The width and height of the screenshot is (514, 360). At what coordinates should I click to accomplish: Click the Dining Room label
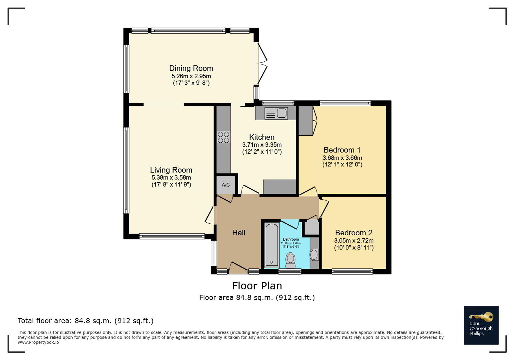191,68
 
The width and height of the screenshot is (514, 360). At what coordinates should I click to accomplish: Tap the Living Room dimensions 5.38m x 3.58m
171,177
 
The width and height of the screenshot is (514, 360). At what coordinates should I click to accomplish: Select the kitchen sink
276,113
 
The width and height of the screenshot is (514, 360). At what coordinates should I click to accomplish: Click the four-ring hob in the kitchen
224,137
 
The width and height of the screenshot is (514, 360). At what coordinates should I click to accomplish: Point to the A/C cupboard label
226,185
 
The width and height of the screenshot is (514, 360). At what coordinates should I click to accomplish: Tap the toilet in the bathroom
290,260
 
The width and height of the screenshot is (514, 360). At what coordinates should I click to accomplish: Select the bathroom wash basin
314,255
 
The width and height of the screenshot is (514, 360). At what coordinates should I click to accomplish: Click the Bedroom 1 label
342,150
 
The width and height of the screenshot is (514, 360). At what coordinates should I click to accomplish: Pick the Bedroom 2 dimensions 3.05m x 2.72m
354,241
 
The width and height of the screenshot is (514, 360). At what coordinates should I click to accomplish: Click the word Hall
239,233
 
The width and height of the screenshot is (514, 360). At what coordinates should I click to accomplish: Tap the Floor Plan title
257,286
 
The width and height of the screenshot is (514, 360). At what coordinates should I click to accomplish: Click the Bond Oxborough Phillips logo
481,325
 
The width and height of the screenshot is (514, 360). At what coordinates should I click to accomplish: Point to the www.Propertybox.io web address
38,342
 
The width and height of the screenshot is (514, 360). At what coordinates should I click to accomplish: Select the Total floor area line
86,321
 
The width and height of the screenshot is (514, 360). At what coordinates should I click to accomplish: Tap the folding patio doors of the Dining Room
262,63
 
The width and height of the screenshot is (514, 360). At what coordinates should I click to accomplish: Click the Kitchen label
262,137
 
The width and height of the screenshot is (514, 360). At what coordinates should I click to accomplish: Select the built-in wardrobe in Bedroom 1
306,120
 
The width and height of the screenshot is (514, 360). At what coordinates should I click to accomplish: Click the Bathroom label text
291,239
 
